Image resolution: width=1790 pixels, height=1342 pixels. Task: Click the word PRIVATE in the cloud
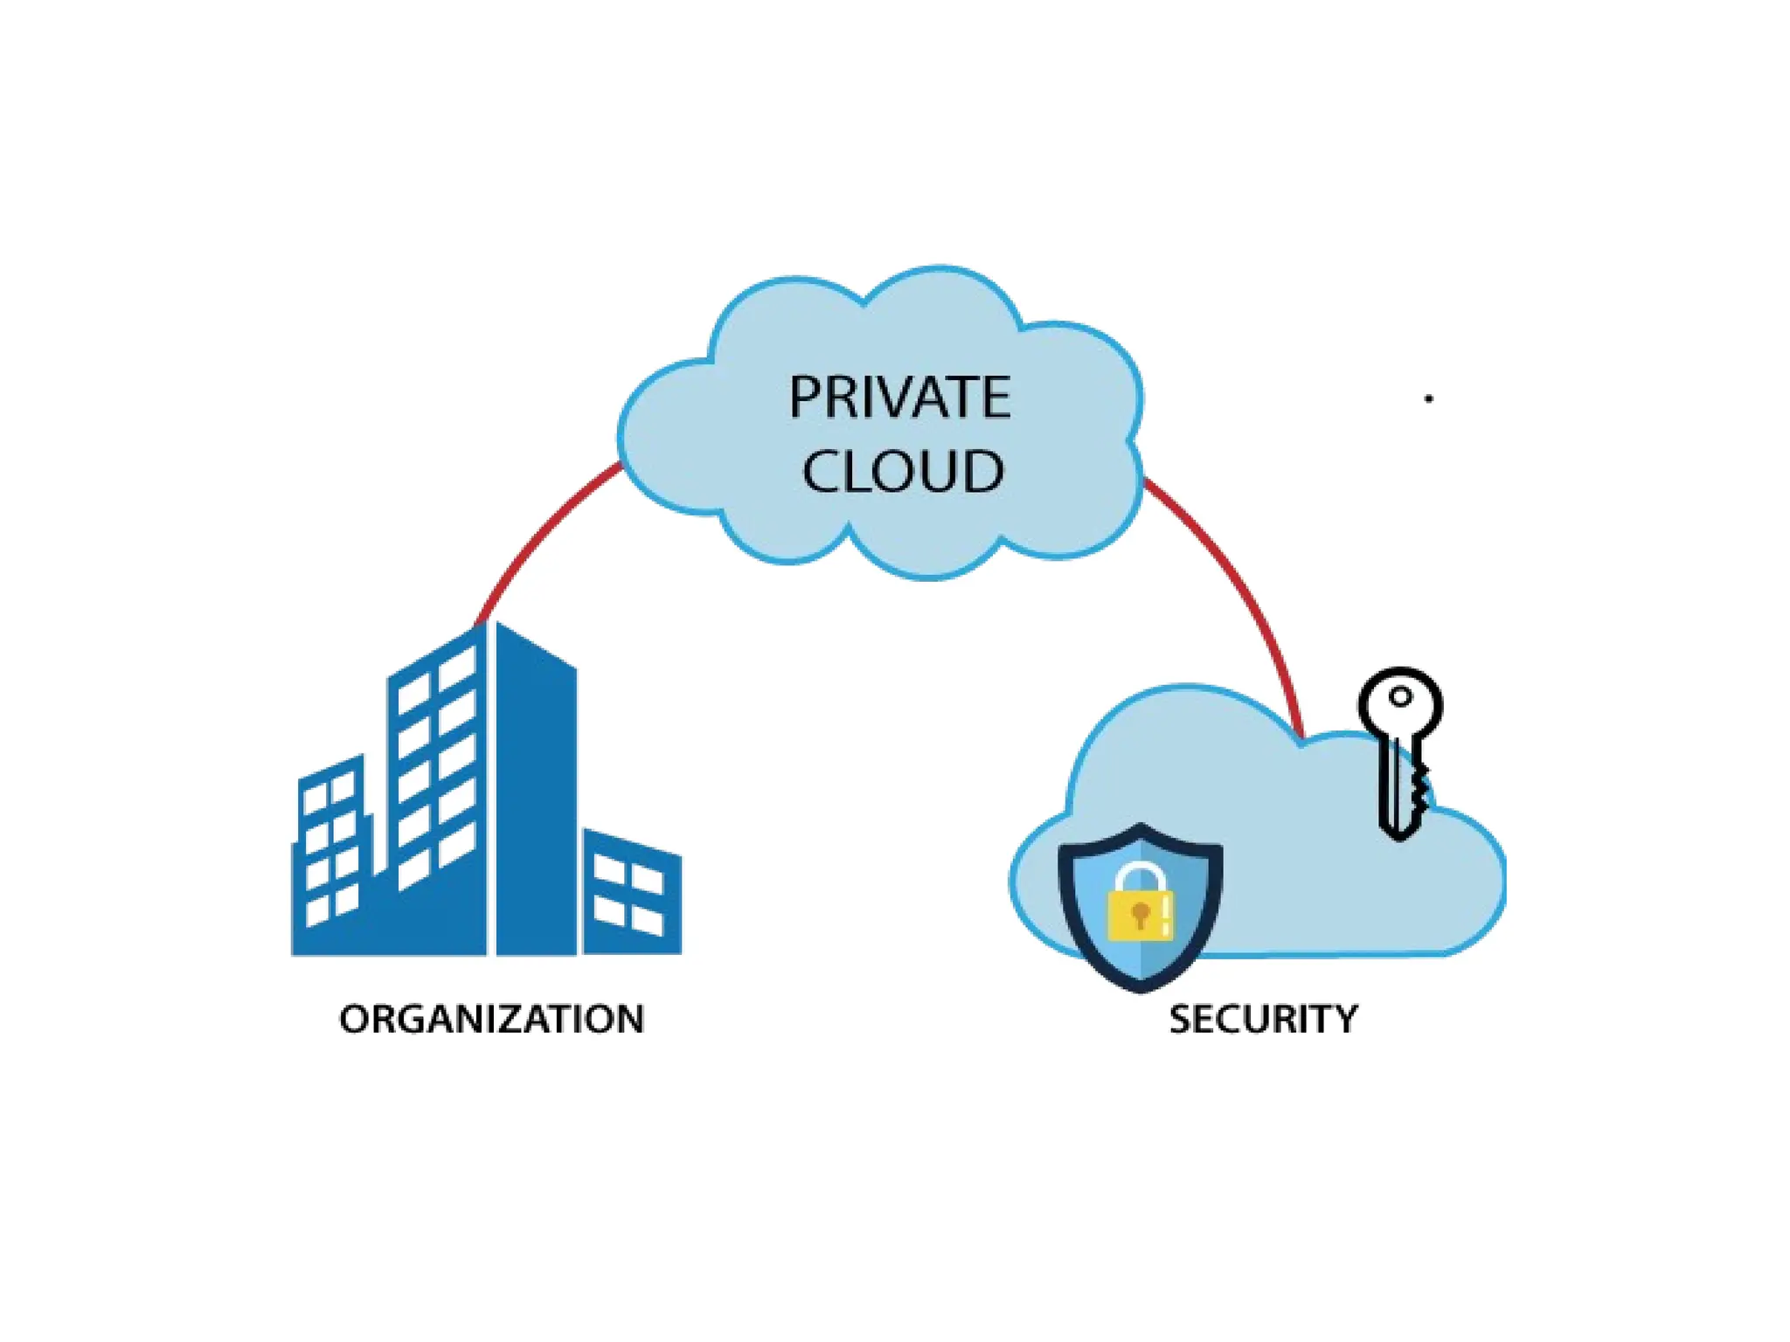coord(899,398)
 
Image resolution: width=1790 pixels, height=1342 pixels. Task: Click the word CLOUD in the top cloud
coord(903,472)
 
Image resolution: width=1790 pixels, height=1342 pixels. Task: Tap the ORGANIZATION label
coord(491,1020)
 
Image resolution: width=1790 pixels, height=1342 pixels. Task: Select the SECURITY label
coord(1263,1020)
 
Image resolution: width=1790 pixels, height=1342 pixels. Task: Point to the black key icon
coord(1400,751)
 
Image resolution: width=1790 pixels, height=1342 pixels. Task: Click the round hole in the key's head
coord(1401,697)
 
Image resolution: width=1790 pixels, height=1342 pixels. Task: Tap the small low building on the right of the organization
coord(631,896)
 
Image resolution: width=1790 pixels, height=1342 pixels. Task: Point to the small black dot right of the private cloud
coord(1428,398)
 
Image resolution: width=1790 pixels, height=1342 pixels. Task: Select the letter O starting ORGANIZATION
coord(354,1020)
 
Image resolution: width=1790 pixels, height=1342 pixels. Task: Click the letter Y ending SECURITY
coord(1345,1020)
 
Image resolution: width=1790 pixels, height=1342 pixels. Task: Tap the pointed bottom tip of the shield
coord(1140,987)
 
